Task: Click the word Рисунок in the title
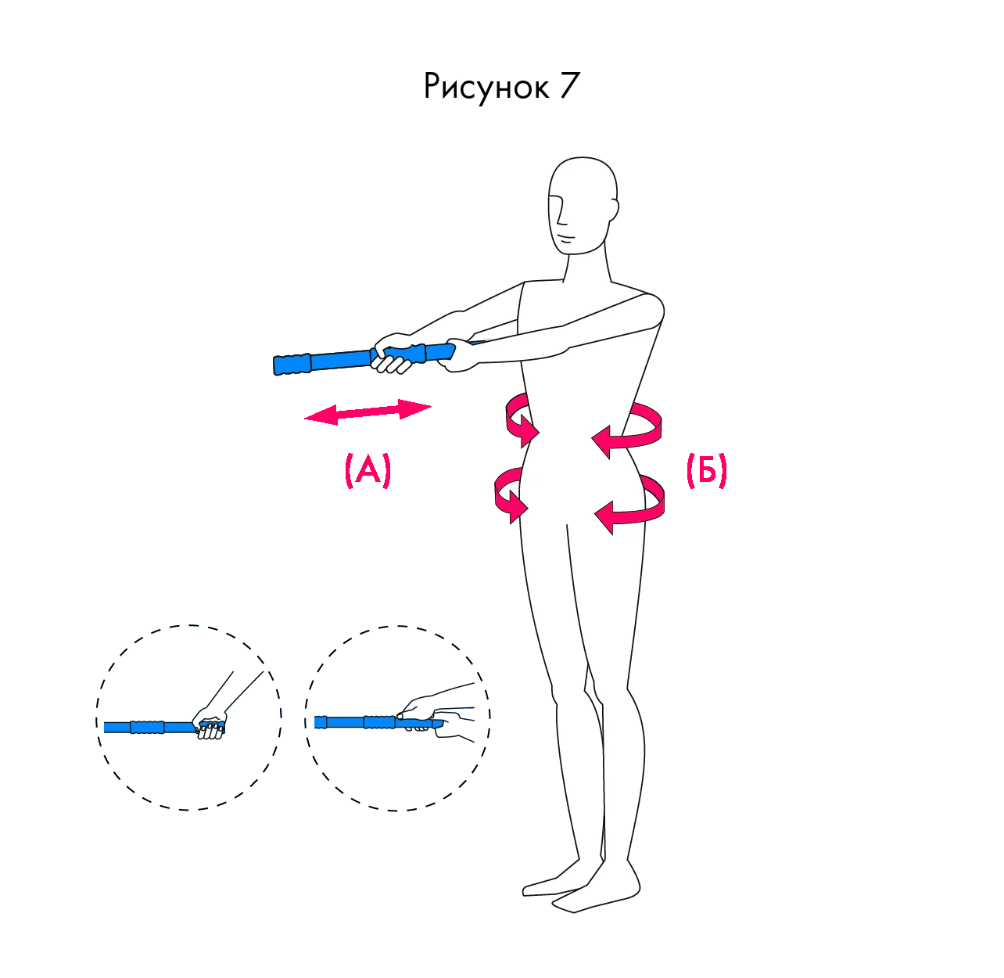click(x=486, y=87)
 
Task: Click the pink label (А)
click(x=368, y=469)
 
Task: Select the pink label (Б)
click(x=706, y=469)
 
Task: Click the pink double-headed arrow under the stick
click(x=368, y=412)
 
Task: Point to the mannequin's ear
click(x=614, y=209)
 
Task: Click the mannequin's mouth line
click(x=566, y=239)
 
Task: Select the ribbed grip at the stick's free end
click(x=292, y=364)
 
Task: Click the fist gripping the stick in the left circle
click(x=210, y=724)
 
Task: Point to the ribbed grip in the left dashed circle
click(x=147, y=727)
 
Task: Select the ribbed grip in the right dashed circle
click(x=379, y=722)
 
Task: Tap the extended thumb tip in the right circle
click(x=400, y=716)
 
